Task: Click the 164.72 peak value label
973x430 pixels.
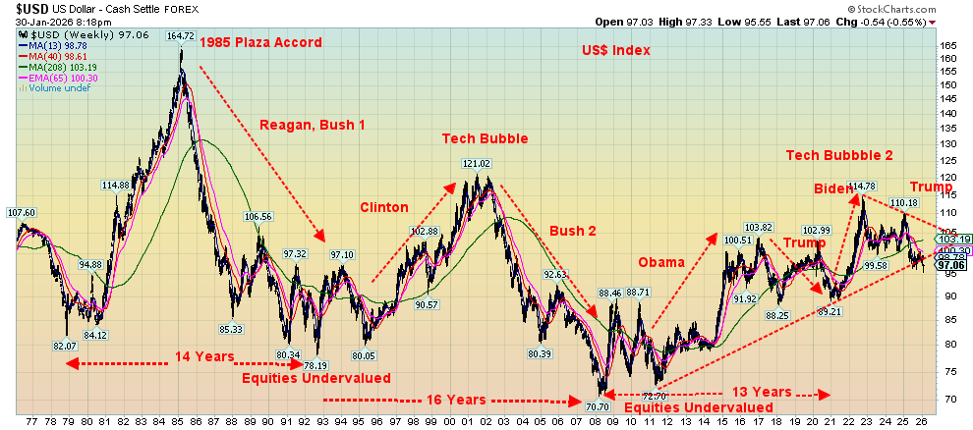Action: tap(180, 35)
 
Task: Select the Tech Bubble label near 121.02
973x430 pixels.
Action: tap(485, 138)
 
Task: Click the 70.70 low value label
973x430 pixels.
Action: tap(598, 405)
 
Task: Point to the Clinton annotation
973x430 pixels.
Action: tap(383, 207)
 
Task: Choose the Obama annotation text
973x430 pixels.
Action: tap(660, 262)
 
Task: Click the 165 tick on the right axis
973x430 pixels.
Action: tap(947, 46)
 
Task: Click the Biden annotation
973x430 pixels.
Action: tap(831, 188)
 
